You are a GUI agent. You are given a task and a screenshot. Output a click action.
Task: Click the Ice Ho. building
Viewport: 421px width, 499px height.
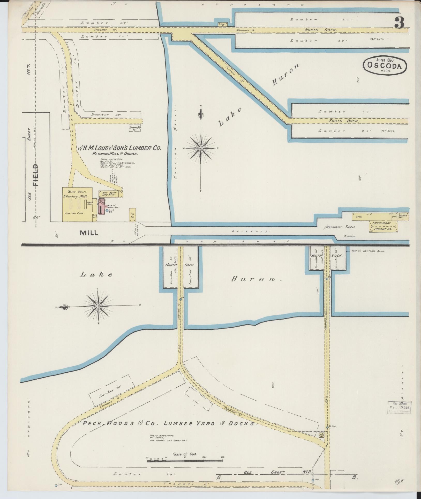(132, 215)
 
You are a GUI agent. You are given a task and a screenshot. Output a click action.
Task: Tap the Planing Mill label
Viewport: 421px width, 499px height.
(75, 197)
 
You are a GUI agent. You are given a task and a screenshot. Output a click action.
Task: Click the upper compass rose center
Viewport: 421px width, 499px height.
(201, 148)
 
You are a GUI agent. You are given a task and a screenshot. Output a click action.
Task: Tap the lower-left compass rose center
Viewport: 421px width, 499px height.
(98, 306)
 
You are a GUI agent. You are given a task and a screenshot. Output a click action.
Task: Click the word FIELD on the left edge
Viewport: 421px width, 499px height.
(35, 175)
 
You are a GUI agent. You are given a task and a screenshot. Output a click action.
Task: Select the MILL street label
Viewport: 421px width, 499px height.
(89, 233)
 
